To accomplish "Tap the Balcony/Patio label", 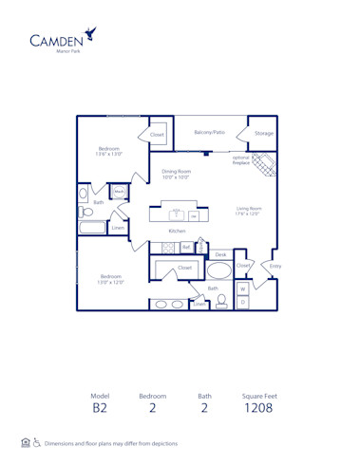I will tap(210, 133).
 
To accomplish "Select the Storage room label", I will tap(263, 134).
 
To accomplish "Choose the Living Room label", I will tap(249, 210).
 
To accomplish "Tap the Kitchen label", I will tap(176, 231).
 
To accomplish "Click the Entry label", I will tap(275, 267).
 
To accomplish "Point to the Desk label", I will tap(220, 254).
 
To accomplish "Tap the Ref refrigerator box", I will tap(187, 248).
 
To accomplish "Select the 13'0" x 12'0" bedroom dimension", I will tap(110, 280).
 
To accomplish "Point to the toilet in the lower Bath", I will tap(221, 301).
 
